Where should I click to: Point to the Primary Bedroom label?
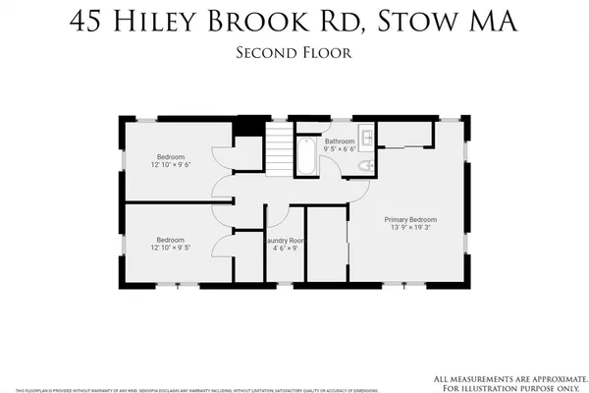pos(410,219)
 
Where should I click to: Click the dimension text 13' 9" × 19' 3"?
pos(410,228)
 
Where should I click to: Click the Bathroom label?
pos(341,141)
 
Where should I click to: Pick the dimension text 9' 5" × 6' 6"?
pos(341,150)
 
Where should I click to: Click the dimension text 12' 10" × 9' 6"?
pos(171,165)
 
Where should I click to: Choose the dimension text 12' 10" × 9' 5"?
pos(171,248)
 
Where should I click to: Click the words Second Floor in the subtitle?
pos(294,52)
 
